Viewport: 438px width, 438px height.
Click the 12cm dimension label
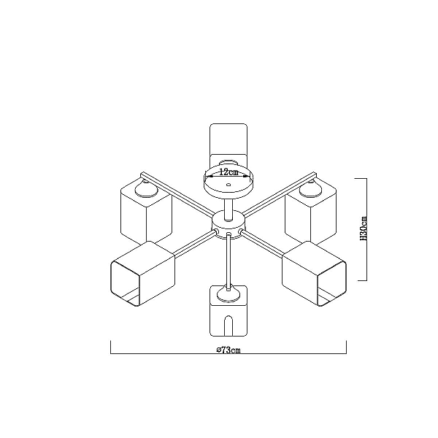coord(228,172)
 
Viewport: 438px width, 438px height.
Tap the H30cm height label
coord(364,228)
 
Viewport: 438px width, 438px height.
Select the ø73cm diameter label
coord(228,350)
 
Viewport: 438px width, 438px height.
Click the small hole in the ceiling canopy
coord(228,185)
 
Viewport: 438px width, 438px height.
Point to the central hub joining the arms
coord(228,224)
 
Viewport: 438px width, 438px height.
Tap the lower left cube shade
coord(143,274)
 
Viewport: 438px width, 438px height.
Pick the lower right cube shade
coord(314,274)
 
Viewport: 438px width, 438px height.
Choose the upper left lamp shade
coord(146,211)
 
